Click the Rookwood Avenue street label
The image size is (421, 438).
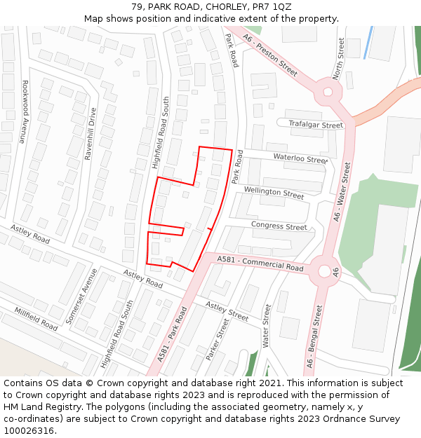point(23,111)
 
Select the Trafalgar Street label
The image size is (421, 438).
point(316,125)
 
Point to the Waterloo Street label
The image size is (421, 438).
point(300,158)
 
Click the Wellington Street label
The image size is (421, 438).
point(274,191)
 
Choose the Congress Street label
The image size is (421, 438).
point(279,226)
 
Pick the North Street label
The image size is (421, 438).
point(340,57)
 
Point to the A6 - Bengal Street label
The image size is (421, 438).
point(314,336)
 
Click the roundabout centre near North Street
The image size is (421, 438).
point(327,92)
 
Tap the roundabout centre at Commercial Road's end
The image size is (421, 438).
point(323,270)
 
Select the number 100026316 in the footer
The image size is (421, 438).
point(29,431)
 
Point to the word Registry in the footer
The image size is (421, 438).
point(88,406)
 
